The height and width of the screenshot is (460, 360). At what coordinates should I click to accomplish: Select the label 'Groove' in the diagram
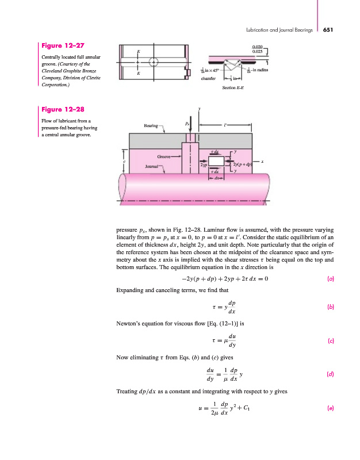click(x=164, y=156)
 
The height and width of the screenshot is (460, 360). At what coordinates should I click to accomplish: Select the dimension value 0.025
click(x=258, y=52)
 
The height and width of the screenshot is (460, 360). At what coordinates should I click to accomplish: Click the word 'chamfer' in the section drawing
click(x=209, y=79)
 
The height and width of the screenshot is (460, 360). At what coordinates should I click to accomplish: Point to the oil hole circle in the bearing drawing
click(x=154, y=62)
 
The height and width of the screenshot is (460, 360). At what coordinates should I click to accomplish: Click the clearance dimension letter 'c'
click(x=125, y=162)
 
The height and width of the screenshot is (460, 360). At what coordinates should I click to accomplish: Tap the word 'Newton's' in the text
click(x=127, y=324)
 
